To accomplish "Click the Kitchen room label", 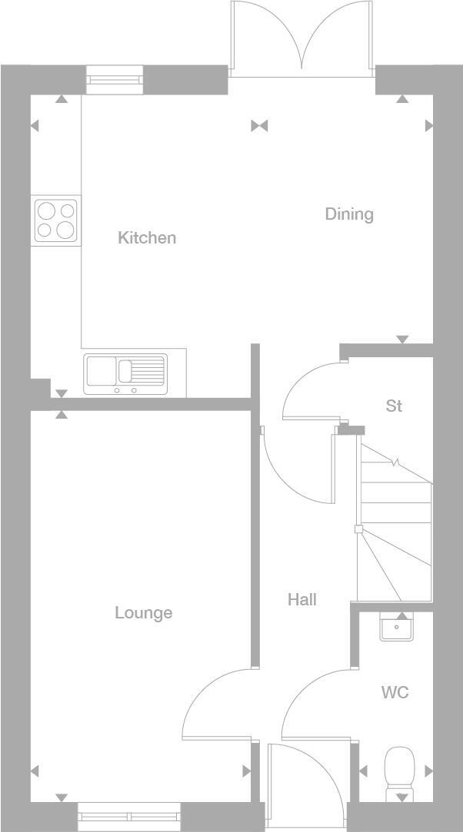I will pos(147,238).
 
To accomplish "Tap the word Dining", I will pos(349,214).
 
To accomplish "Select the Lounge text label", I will pos(144,613).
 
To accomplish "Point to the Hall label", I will pos(302,600).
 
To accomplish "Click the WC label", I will pos(395,693).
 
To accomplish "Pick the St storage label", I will pos(394,406).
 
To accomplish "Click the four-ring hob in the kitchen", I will pos(56,220).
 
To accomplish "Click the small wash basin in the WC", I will pos(397,627).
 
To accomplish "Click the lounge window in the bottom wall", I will pos(129,816).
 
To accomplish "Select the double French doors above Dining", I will pos(302,38).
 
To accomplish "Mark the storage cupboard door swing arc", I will pos(308,388).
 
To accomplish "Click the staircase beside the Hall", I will pos(394,522).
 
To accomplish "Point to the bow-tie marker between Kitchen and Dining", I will pos(259,126).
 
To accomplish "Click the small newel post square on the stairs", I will pos(358,529).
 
